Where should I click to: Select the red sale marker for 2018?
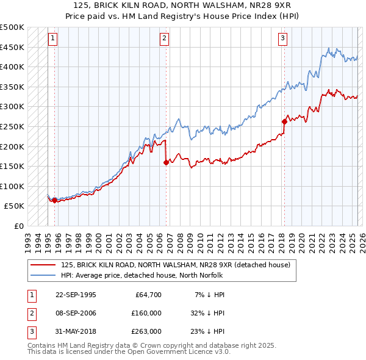click(284, 121)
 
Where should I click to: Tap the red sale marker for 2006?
click(166, 162)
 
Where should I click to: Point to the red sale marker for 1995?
click(55, 200)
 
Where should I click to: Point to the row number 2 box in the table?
click(30, 313)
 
